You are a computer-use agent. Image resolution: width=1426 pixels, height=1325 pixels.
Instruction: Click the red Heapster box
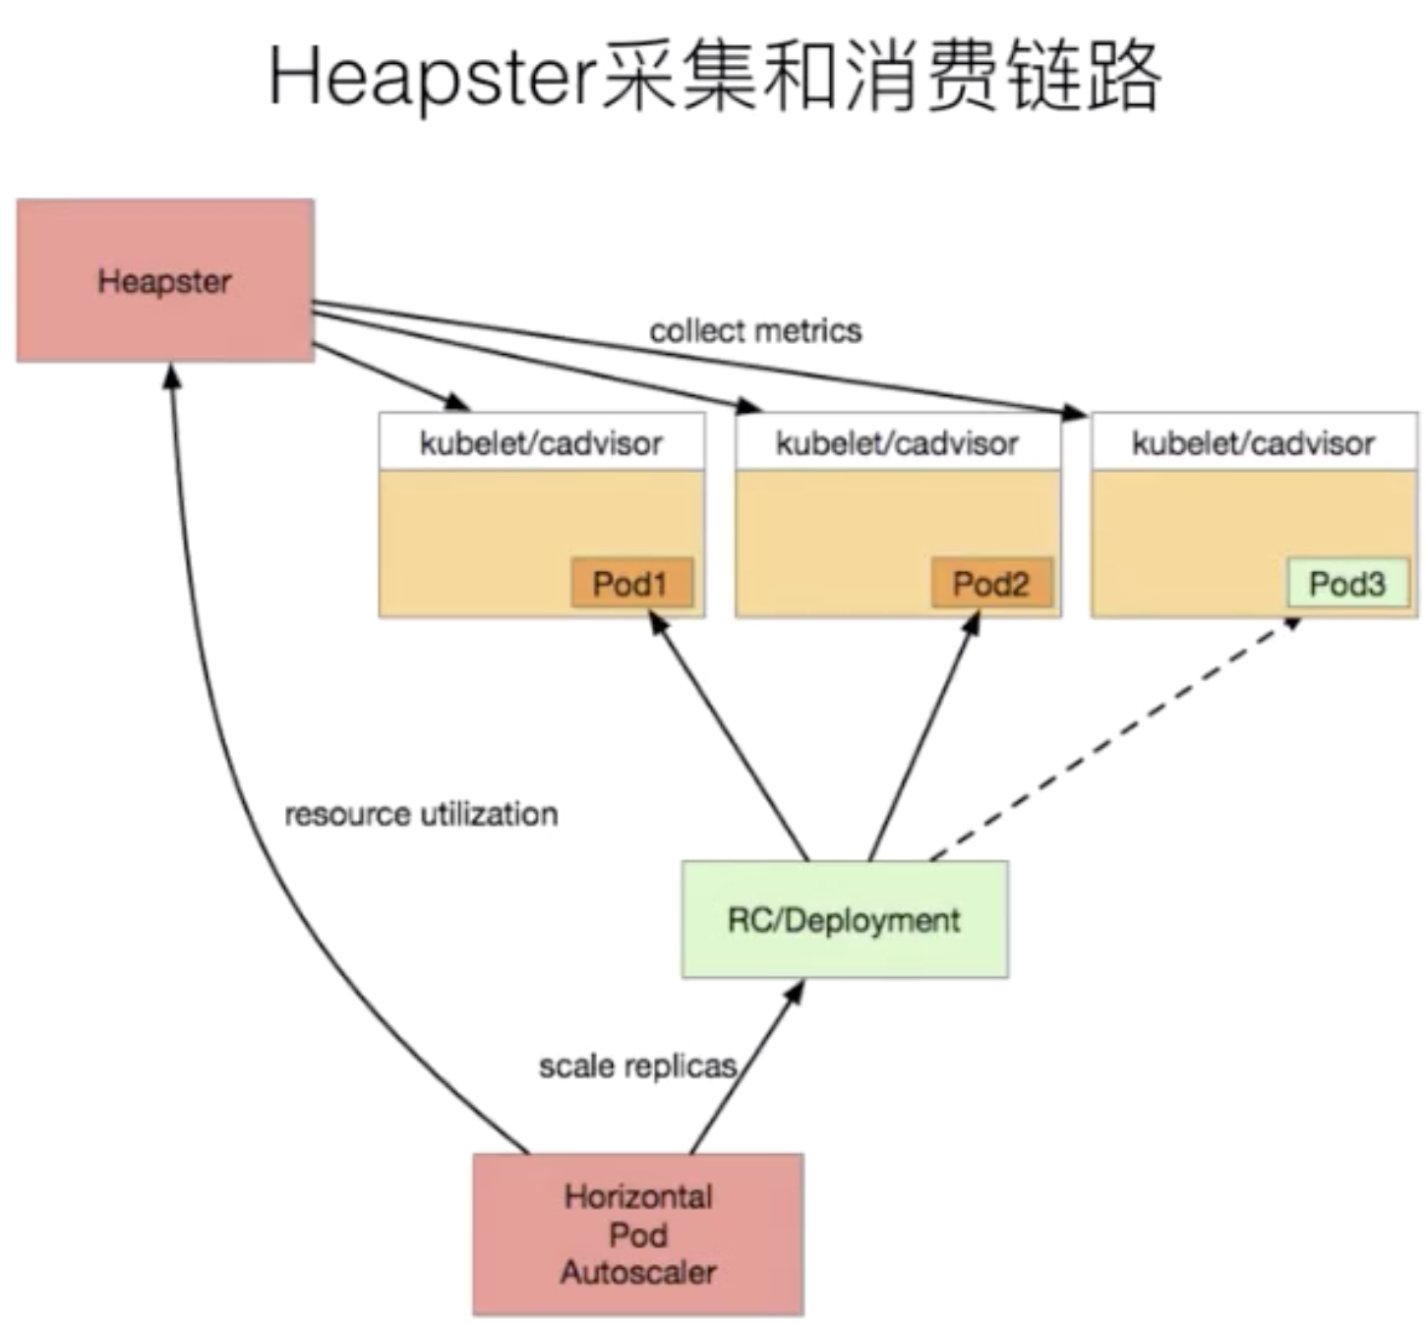[164, 281]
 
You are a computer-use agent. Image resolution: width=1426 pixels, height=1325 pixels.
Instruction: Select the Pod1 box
[631, 584]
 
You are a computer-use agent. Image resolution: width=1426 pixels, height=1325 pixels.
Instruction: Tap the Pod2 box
[991, 584]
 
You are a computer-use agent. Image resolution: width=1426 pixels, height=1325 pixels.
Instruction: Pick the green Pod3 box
[1347, 584]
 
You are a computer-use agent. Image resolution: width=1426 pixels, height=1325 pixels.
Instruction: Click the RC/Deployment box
[844, 920]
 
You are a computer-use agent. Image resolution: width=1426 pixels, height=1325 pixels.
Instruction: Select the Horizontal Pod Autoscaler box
[637, 1235]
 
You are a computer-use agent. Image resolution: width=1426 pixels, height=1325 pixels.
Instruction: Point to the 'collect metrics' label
[755, 331]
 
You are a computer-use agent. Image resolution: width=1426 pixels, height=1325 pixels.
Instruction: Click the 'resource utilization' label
[421, 814]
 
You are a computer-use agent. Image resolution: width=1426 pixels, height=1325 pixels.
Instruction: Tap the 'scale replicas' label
[637, 1066]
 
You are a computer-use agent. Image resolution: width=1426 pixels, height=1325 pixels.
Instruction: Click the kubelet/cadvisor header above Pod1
[541, 443]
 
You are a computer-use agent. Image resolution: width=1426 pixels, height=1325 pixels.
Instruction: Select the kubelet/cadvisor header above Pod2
[897, 443]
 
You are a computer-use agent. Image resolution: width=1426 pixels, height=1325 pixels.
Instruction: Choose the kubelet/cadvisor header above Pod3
[1253, 443]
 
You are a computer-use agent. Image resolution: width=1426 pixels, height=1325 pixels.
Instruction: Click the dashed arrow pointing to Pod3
[1111, 739]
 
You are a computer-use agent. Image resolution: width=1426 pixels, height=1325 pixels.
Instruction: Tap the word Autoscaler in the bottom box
[637, 1273]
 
